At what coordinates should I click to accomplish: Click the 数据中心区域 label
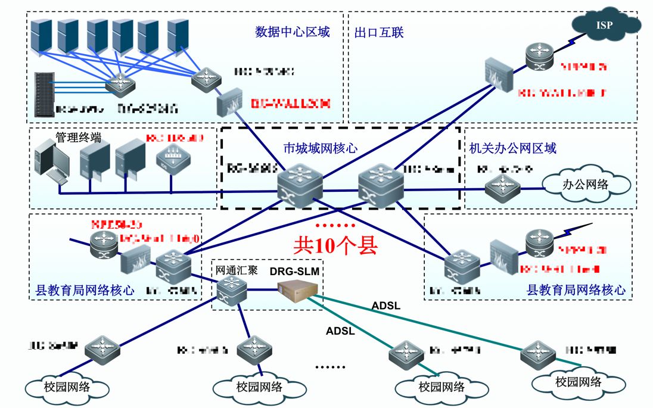click(292, 32)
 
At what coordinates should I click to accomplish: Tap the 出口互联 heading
click(379, 32)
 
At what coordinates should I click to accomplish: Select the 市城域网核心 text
click(320, 148)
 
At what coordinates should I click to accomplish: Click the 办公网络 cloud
click(585, 184)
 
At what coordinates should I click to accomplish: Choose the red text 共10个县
click(335, 245)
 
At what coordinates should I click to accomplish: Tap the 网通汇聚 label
click(237, 270)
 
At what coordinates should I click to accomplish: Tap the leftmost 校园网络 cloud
click(67, 386)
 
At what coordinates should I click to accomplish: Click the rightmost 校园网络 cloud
click(577, 381)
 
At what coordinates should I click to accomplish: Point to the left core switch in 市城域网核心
click(300, 182)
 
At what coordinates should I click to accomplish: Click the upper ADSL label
click(386, 306)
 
